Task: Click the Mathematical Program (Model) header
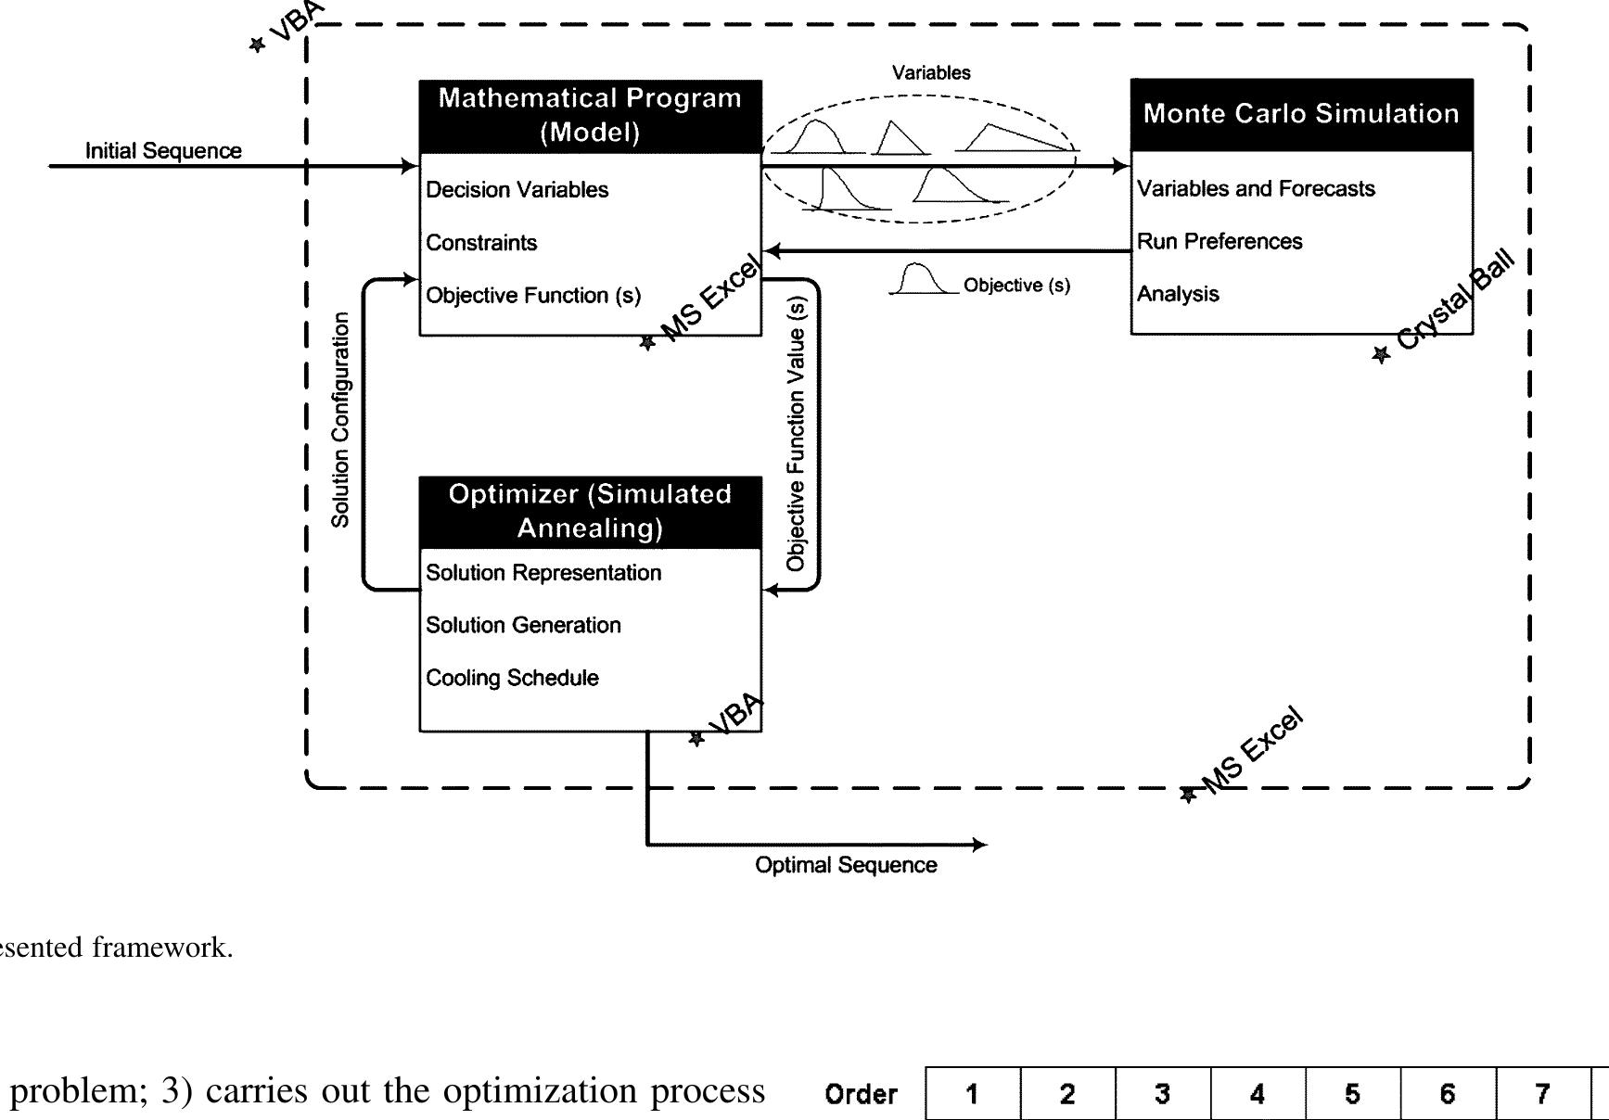[x=590, y=116]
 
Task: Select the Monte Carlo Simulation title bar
[x=1301, y=114]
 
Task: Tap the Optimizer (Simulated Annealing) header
[x=590, y=511]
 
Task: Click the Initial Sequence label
[x=163, y=151]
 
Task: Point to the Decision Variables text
[x=517, y=190]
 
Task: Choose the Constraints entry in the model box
[x=481, y=243]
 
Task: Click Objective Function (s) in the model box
[x=532, y=296]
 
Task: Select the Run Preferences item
[x=1220, y=242]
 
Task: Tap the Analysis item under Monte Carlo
[x=1178, y=295]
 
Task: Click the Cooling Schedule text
[x=512, y=678]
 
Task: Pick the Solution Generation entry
[x=523, y=626]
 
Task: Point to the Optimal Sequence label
[x=846, y=865]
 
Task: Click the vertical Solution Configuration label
[x=340, y=419]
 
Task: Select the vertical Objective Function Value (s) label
[x=796, y=433]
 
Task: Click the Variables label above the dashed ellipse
[x=931, y=73]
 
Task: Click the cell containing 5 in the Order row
[x=1352, y=1095]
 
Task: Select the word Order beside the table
[x=861, y=1095]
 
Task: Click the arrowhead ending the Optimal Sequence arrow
[x=980, y=845]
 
